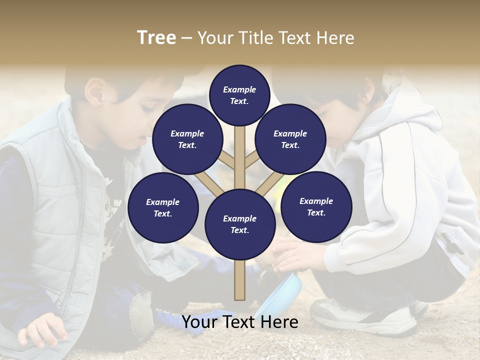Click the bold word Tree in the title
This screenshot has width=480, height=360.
coord(156,37)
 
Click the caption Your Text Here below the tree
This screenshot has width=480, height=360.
coord(240,322)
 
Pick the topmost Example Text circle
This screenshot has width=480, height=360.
coord(239,95)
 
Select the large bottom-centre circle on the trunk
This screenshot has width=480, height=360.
coord(240,224)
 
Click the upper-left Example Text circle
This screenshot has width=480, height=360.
coord(187,139)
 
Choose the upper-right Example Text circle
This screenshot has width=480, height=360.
coord(290,139)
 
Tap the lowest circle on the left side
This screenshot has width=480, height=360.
coord(163,208)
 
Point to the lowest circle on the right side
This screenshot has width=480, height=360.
coord(316,207)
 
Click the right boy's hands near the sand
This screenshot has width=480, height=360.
coord(290,255)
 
